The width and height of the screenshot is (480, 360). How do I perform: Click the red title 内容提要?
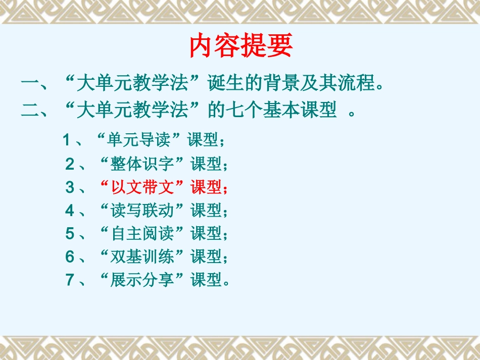click(241, 47)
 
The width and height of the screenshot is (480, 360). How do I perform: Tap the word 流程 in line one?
click(359, 83)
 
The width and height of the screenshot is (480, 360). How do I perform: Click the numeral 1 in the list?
click(66, 140)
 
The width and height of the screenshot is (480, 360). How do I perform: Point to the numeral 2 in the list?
click(69, 164)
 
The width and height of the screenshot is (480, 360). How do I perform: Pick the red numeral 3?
click(69, 187)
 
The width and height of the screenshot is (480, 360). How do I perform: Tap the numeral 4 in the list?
click(69, 210)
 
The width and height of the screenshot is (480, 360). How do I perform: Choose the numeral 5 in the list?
click(69, 233)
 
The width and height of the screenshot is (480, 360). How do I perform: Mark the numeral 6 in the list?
click(69, 256)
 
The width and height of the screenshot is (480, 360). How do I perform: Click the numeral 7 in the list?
click(69, 280)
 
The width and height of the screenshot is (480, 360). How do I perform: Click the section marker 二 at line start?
click(31, 110)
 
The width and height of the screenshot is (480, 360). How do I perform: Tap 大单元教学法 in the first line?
click(132, 83)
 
